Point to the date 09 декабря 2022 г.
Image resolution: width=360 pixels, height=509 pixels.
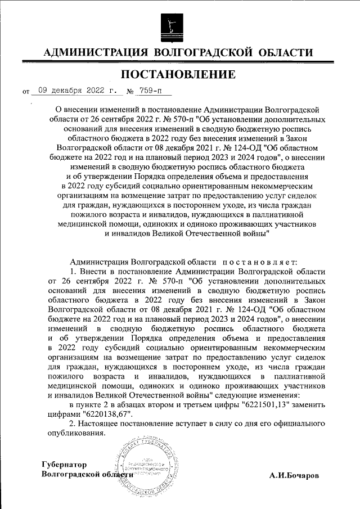(75, 89)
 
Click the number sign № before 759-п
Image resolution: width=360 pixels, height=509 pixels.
(130, 90)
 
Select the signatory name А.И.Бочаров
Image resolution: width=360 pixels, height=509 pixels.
(294, 475)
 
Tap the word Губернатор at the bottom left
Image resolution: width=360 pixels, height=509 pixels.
(65, 465)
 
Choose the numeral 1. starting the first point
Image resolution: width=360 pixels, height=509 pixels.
(71, 272)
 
